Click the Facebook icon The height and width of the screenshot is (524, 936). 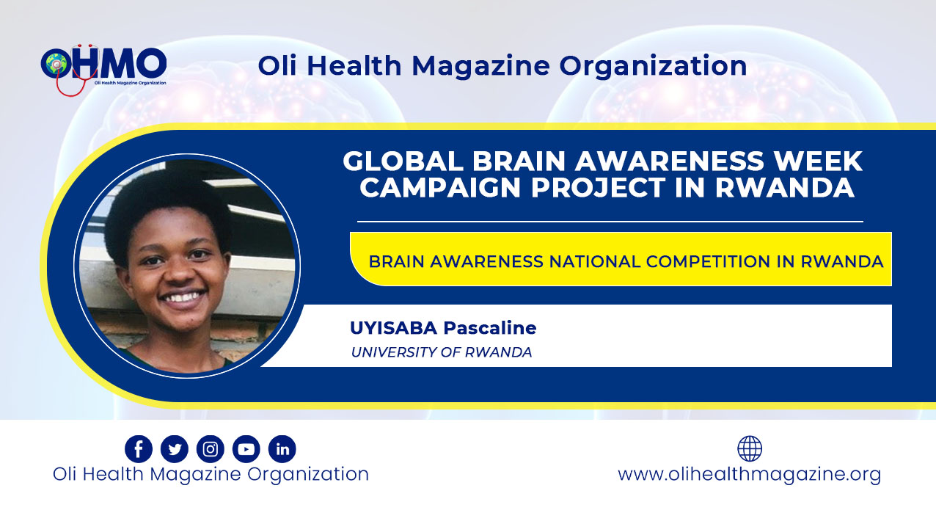coord(139,448)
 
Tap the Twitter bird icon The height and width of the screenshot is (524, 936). coord(175,448)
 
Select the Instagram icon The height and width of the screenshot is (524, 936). coord(211,448)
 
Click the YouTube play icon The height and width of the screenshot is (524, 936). coord(246,448)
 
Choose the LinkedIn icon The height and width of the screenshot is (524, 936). coord(282,448)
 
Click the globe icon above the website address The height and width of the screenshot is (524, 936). coord(750,448)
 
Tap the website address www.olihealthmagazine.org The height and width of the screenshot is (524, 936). coord(750,475)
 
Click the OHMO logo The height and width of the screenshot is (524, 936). coord(103,69)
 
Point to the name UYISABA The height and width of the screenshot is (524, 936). coord(394,328)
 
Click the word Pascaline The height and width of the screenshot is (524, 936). coord(490,328)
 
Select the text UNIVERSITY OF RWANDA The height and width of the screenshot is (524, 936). coord(442,352)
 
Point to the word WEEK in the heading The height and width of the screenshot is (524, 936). coord(818,161)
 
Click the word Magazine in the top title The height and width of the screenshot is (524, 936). coord(481,67)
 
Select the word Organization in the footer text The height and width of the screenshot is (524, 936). coord(308,475)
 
